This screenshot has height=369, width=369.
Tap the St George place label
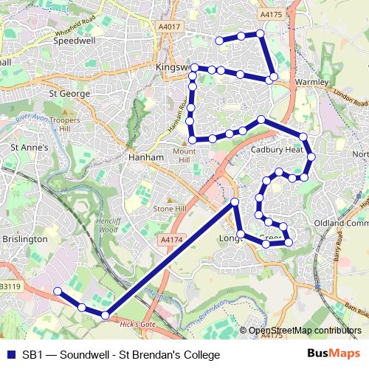coord(69,94)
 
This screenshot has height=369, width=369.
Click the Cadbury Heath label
coord(277,149)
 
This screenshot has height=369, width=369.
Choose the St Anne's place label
coord(28,148)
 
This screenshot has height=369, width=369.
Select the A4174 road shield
coord(170,239)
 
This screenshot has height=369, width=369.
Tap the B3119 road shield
coord(10,286)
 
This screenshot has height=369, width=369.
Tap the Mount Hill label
coord(184,155)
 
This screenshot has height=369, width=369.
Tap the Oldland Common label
coord(340,222)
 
